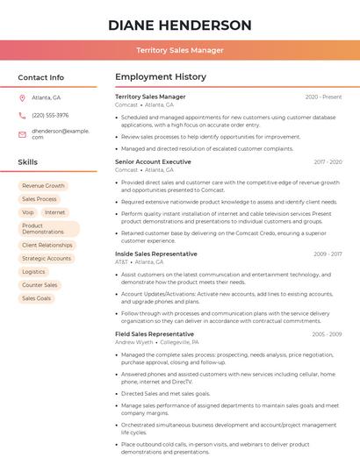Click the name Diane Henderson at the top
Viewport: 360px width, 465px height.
click(179, 25)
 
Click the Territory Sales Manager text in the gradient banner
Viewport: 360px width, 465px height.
click(179, 51)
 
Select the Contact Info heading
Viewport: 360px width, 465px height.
click(40, 77)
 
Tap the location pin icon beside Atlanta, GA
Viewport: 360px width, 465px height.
click(22, 97)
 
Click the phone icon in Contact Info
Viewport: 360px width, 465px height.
click(22, 115)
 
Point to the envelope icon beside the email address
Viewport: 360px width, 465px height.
click(22, 133)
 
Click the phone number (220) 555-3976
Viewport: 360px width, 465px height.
click(50, 115)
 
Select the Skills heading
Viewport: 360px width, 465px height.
click(27, 162)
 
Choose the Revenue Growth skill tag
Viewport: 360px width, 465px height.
click(43, 186)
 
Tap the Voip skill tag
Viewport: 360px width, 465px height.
click(27, 212)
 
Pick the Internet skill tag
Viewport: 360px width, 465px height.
click(54, 212)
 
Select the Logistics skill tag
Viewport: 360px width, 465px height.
click(33, 272)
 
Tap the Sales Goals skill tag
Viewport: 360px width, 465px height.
click(37, 298)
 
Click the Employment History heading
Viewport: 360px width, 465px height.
click(161, 77)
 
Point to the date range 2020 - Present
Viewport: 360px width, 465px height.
click(323, 97)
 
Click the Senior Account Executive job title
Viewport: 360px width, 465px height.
click(153, 162)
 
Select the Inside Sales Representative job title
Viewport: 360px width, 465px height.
click(156, 254)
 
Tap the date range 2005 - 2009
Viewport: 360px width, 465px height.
click(326, 334)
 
